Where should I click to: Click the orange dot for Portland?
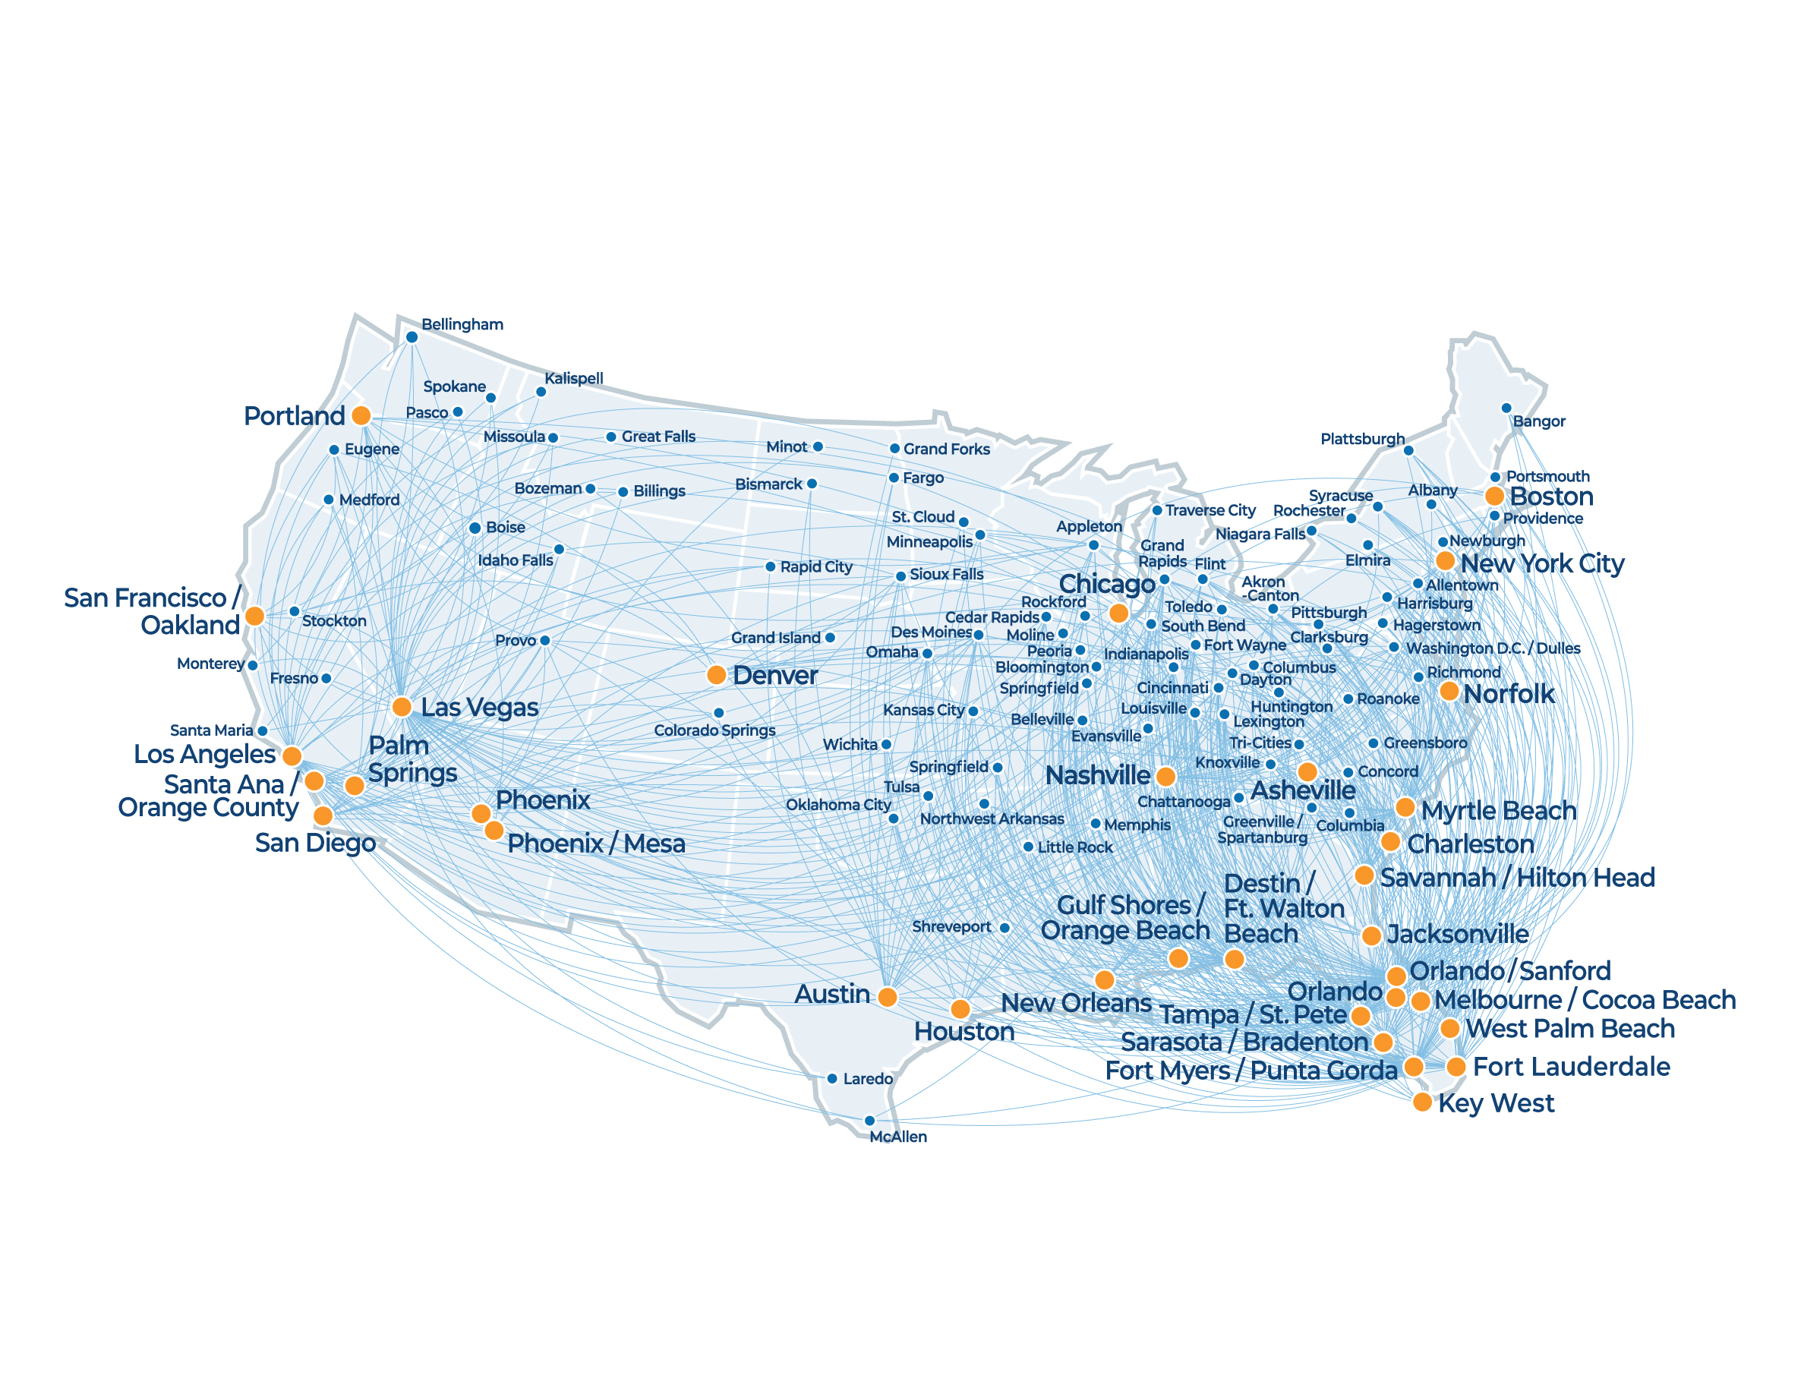(361, 415)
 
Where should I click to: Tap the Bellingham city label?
(462, 324)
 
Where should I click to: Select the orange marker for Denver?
(717, 675)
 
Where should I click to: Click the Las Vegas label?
(479, 708)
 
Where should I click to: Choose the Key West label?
(1496, 1103)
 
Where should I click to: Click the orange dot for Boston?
(1494, 497)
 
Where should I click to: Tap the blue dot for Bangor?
(1506, 408)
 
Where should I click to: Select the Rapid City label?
(816, 567)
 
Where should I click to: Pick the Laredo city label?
(867, 1080)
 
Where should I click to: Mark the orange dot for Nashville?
(1165, 776)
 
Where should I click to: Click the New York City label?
(1542, 563)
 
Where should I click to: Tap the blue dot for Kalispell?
(541, 393)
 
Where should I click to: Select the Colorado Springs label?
(714, 731)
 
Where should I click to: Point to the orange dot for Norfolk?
(1449, 691)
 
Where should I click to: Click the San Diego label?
(314, 844)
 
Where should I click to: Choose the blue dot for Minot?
(818, 446)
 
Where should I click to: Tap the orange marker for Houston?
(960, 1008)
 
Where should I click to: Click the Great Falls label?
(658, 437)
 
